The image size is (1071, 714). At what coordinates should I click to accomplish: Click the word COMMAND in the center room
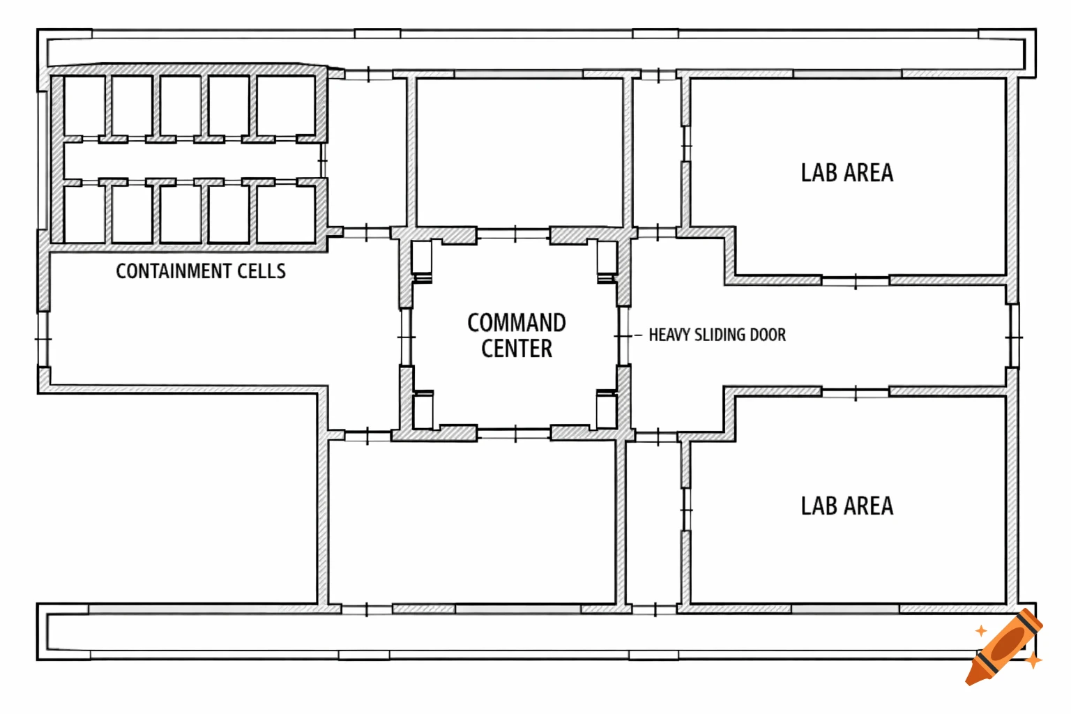click(517, 323)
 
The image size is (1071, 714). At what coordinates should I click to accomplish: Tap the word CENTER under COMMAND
click(517, 349)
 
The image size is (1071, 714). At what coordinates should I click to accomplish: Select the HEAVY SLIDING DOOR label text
click(717, 335)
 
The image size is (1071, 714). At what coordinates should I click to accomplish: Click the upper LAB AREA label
click(846, 173)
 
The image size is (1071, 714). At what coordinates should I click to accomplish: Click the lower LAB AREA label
click(846, 506)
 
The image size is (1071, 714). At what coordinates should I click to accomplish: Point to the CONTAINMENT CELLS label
click(201, 271)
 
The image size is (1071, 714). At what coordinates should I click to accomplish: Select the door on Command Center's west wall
click(406, 337)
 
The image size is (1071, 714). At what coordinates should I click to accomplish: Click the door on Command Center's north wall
click(515, 234)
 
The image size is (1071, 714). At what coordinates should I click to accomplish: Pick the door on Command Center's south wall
click(515, 434)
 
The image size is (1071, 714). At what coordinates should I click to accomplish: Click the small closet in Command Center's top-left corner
click(421, 257)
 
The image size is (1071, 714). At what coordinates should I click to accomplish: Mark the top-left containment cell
click(84, 105)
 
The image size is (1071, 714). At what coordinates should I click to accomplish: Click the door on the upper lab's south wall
click(856, 282)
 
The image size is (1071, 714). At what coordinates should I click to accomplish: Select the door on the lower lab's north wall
click(856, 393)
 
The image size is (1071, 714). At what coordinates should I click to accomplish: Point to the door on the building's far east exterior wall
click(1015, 337)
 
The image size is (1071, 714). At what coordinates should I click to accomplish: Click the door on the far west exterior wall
click(43, 339)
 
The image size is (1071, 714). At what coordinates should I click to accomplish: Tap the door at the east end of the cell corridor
click(323, 160)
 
